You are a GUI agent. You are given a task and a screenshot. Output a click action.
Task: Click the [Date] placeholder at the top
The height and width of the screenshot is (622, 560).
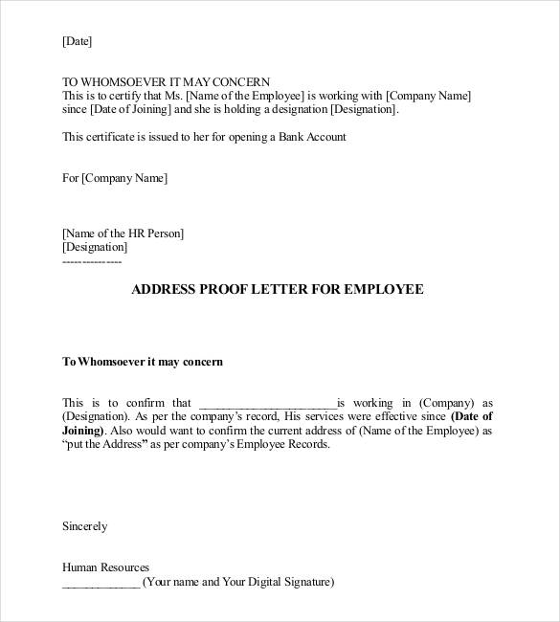pos(77,41)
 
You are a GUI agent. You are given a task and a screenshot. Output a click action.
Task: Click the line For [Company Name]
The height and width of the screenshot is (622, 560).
pos(114,178)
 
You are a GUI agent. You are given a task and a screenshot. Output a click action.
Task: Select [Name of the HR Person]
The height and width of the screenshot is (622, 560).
pos(123,233)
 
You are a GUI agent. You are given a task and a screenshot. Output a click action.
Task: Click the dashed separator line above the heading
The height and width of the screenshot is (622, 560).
pos(91,260)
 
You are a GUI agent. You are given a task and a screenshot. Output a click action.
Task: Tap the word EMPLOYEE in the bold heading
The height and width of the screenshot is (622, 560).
pos(382,289)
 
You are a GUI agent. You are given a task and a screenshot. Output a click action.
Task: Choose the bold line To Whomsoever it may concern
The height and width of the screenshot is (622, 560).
pos(142,362)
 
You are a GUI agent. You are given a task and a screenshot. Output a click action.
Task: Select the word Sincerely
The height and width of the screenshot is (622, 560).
pos(84,526)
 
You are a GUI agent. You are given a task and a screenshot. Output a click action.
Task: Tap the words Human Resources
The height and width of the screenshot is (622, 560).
pos(105,567)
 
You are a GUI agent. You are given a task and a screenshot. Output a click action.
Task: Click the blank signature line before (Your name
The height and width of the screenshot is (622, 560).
pos(100,582)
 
